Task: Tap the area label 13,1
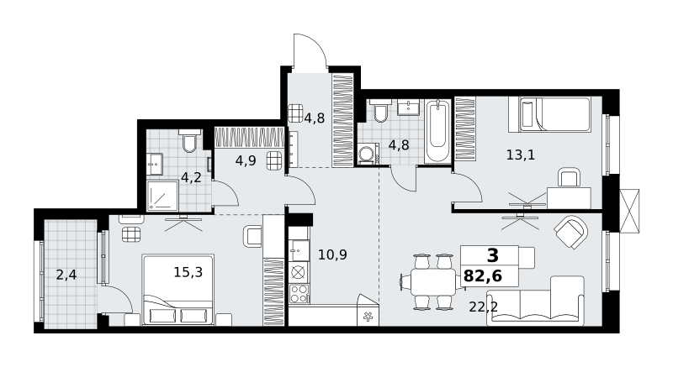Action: click(x=521, y=155)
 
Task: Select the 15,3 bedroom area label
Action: click(x=188, y=272)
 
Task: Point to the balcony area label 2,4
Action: click(x=66, y=275)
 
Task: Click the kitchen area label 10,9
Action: click(x=332, y=254)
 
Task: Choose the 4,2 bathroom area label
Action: click(x=191, y=177)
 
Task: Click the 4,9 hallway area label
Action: click(x=246, y=160)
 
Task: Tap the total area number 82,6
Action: click(x=483, y=276)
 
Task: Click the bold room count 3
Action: click(x=493, y=255)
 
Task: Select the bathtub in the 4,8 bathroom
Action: click(x=437, y=131)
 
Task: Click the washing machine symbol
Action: click(x=368, y=155)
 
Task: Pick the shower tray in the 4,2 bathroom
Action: click(x=162, y=196)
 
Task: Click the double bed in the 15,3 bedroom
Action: click(x=178, y=290)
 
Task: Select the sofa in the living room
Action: click(x=536, y=301)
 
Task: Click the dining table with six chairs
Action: click(x=433, y=281)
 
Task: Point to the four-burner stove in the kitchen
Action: click(x=299, y=294)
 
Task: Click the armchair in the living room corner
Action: click(x=570, y=232)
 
